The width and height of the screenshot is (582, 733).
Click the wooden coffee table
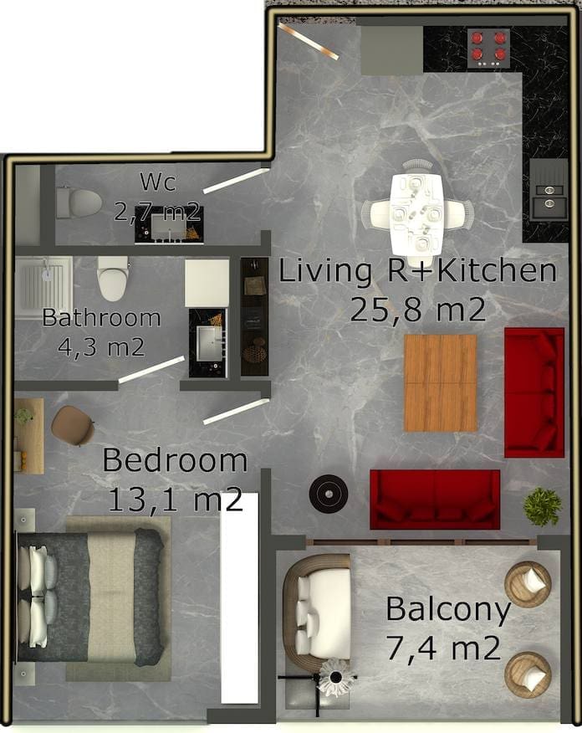(x=440, y=383)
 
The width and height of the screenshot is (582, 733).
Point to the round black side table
(x=329, y=494)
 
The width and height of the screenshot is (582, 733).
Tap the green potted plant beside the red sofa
(x=543, y=507)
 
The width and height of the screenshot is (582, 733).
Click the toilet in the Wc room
(x=79, y=202)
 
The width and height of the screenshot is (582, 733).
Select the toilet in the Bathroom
(x=113, y=278)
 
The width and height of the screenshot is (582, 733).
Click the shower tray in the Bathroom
(x=43, y=287)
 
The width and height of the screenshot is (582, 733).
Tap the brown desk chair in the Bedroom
(x=73, y=425)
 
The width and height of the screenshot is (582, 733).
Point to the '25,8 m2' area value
(x=417, y=309)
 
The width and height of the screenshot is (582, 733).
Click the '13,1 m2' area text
(x=175, y=499)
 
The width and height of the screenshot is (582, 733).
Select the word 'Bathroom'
(x=101, y=317)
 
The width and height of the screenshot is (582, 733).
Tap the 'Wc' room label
(x=158, y=182)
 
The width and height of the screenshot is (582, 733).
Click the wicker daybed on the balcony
(x=317, y=607)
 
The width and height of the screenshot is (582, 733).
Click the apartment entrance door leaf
(x=308, y=41)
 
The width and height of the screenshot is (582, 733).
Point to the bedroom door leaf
(x=237, y=412)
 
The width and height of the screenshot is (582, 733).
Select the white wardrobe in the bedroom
(x=240, y=598)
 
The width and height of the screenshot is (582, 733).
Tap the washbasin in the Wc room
(x=169, y=229)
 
